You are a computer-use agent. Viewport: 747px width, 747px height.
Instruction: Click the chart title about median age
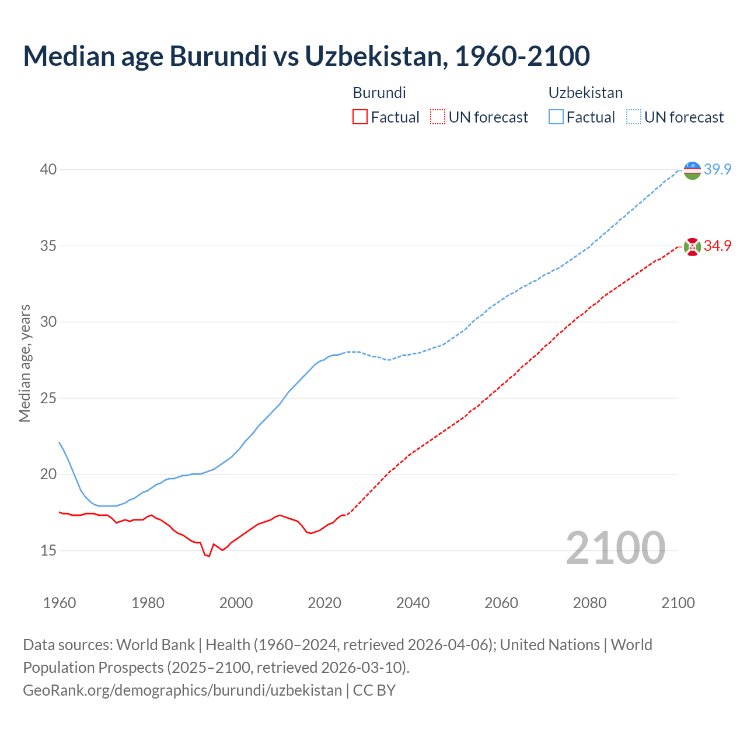(306, 56)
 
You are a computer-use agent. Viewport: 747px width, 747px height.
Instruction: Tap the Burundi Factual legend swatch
(360, 117)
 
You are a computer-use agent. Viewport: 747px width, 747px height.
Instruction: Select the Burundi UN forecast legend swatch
(438, 117)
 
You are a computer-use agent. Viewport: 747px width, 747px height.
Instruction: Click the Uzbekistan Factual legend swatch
(556, 117)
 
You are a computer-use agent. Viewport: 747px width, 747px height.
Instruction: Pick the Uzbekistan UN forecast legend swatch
(633, 117)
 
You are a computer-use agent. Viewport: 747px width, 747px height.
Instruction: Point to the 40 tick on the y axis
(48, 169)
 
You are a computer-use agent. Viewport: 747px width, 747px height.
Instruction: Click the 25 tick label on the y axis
(48, 398)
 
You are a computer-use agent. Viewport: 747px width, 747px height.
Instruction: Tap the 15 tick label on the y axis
(48, 550)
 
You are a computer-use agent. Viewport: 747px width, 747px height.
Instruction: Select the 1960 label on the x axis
(60, 603)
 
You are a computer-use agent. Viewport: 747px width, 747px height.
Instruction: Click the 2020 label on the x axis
(324, 603)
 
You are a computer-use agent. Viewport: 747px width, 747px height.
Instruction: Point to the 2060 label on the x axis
(501, 603)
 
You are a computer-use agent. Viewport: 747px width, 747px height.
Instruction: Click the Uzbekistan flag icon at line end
(692, 170)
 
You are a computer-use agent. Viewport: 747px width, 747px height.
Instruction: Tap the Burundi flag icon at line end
(692, 247)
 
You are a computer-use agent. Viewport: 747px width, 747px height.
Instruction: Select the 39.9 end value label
(717, 170)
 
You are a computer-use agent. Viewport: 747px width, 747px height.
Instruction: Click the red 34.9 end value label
(717, 246)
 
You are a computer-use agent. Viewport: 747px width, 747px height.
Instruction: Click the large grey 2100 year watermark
(616, 548)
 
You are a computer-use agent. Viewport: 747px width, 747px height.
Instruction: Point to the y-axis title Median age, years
(25, 363)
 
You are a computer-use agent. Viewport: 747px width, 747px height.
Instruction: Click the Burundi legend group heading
(379, 93)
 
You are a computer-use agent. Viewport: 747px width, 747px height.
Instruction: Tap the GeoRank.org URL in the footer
(182, 690)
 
